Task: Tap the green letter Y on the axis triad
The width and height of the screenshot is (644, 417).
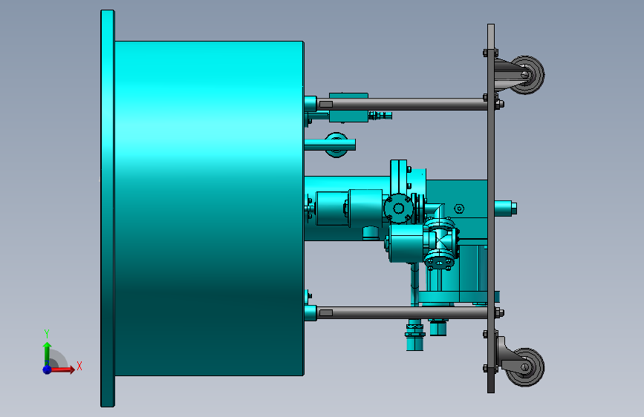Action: tap(47, 333)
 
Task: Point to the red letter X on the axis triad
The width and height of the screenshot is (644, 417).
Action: tap(79, 366)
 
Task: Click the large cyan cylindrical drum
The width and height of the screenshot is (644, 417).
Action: tap(209, 208)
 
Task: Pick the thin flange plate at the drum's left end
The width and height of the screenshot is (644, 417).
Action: tap(108, 208)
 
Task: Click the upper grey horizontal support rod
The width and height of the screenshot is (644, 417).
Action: tap(403, 104)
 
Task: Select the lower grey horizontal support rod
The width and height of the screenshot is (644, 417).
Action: tap(403, 313)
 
